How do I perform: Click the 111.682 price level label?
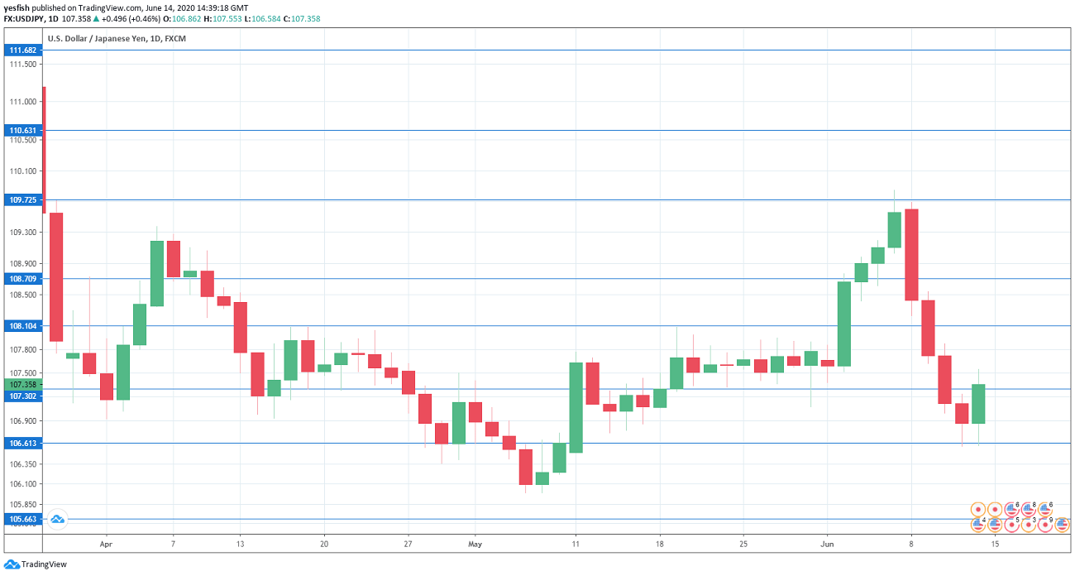click(23, 50)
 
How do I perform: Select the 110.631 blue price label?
click(23, 131)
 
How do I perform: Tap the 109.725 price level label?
click(23, 200)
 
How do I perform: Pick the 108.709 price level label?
click(23, 279)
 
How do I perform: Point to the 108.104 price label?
click(23, 326)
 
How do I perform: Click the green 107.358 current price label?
click(23, 385)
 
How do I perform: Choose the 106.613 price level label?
click(23, 444)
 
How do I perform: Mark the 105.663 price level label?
click(23, 520)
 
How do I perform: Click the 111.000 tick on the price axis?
click(23, 102)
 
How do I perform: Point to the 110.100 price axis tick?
click(23, 171)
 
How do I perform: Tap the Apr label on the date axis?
click(105, 545)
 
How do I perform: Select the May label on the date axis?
click(475, 545)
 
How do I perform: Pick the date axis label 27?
click(408, 545)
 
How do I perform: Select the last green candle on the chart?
click(978, 404)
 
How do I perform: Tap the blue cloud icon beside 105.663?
click(57, 520)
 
